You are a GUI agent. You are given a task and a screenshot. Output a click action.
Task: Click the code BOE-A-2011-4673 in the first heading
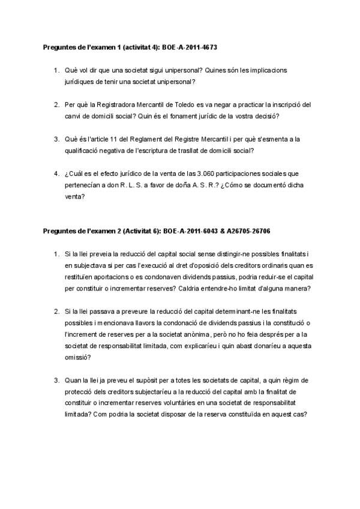tap(193, 46)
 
